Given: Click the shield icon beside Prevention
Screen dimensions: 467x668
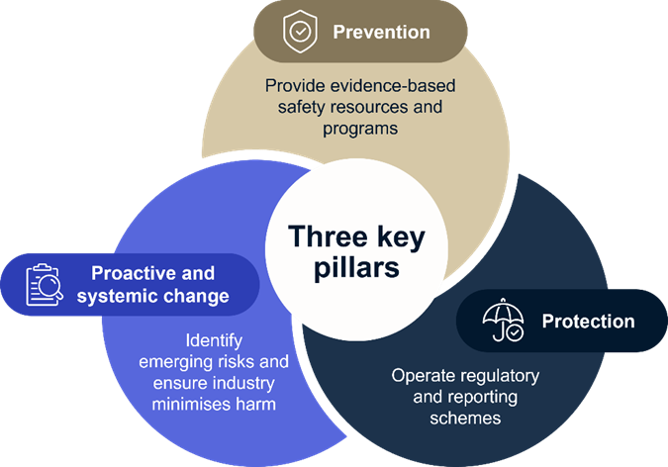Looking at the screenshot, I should click(x=298, y=33).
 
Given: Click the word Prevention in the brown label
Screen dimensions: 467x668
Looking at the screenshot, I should click(x=381, y=33).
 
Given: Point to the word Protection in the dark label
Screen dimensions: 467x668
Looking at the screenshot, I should click(x=588, y=322).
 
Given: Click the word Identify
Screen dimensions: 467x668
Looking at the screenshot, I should click(x=213, y=339).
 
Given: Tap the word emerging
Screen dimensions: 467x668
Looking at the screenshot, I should click(x=174, y=361).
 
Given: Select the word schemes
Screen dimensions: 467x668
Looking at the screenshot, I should click(x=467, y=418).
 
